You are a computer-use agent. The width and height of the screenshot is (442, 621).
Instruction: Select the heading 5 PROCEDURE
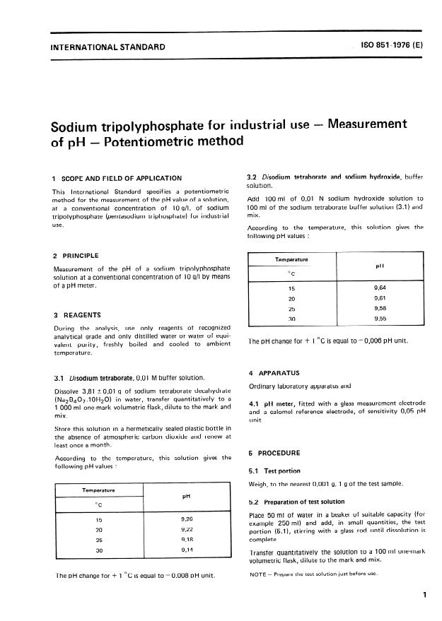coord(277,452)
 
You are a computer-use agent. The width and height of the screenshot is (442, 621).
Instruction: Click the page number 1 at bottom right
coord(424,595)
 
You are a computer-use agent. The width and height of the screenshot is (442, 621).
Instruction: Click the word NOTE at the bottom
coord(259,574)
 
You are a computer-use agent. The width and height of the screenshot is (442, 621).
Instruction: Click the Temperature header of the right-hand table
coord(291,259)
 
